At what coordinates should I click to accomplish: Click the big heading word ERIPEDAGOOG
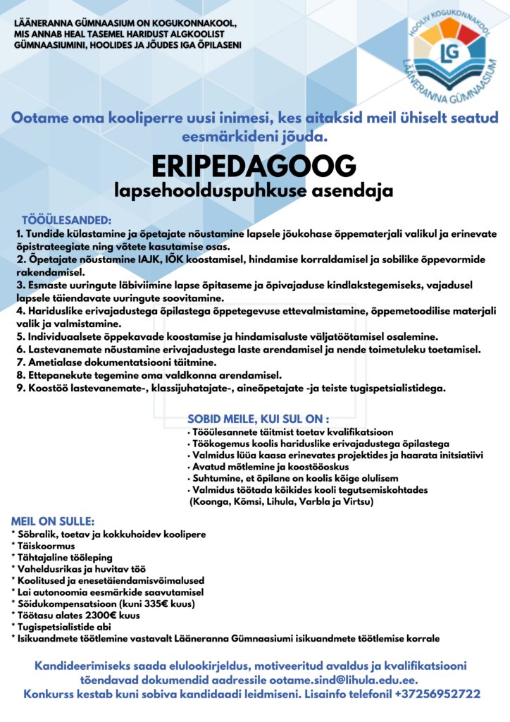click(254, 166)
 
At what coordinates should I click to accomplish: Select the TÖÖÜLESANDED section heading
click(66, 221)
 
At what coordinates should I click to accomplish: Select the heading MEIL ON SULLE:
click(53, 521)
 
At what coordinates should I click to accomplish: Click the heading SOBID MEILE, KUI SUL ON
click(258, 418)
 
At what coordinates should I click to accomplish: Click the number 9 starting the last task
click(20, 387)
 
